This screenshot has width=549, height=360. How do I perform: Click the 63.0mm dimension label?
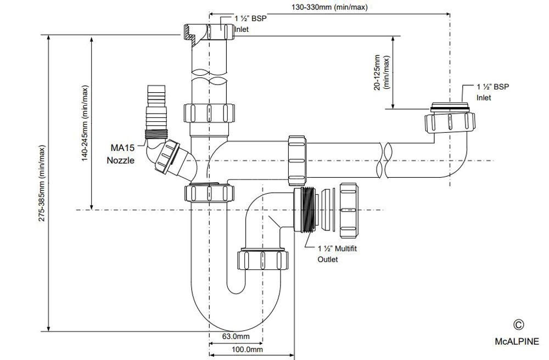click(236, 336)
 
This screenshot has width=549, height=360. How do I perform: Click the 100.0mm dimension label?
click(247, 349)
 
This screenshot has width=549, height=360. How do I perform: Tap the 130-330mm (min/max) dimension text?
click(329, 7)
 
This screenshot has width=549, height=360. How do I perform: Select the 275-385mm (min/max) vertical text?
click(42, 183)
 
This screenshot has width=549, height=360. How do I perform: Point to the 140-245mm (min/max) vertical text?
click(85, 123)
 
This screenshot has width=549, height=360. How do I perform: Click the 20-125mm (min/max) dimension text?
click(382, 72)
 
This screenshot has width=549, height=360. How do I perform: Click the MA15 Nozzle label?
click(121, 154)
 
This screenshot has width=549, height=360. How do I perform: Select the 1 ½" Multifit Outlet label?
click(337, 254)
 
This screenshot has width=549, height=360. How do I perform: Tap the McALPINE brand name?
click(517, 341)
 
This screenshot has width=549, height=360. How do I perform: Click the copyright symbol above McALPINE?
click(519, 325)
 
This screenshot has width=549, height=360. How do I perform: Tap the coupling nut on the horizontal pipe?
click(296, 161)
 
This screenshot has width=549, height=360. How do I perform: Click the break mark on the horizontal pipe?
click(385, 161)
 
